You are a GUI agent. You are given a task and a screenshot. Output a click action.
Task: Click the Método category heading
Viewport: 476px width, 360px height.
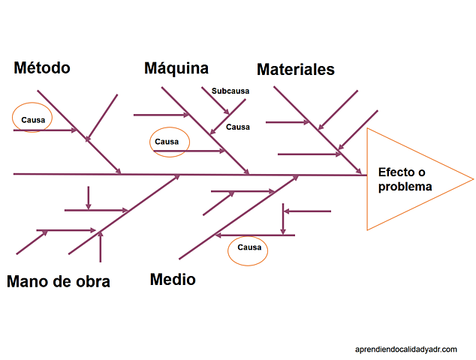42,68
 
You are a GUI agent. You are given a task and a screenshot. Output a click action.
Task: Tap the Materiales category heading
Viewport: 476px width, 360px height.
296,70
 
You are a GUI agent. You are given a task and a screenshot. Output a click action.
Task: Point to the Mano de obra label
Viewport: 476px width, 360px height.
59,282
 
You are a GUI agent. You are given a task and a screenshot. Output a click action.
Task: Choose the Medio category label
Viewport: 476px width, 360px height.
173,280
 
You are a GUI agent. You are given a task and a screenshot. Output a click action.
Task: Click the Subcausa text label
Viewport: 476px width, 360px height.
230,91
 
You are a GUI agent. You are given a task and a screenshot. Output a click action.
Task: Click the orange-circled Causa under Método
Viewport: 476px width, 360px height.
32,119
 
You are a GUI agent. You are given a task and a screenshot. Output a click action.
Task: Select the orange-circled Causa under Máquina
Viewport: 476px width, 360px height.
167,141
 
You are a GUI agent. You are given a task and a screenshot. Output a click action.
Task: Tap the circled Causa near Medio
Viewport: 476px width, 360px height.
249,247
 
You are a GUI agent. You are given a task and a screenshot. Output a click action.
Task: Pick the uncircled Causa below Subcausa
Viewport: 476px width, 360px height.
238,127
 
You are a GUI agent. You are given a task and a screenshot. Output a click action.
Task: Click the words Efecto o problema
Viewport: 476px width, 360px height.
405,179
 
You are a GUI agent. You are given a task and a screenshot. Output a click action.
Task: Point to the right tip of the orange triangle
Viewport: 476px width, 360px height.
472,179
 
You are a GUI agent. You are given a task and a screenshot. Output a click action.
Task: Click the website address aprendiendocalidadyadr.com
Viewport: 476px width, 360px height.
406,349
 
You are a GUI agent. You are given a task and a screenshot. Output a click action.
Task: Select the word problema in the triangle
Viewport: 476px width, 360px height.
405,187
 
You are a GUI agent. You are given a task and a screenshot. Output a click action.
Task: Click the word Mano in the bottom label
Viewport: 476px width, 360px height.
26,282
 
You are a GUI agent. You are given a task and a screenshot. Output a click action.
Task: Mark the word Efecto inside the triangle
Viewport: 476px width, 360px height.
396,172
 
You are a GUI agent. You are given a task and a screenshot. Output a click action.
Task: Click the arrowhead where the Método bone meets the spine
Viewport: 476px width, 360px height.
119,172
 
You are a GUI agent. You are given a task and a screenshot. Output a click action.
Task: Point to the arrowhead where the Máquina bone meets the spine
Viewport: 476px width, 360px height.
246,172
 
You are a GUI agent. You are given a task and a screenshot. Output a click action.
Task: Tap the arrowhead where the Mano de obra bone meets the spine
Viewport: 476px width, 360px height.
178,177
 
